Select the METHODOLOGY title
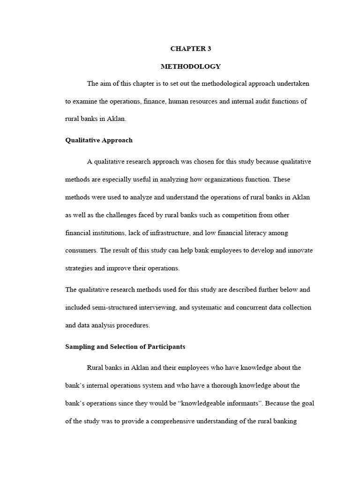pyautogui.click(x=190, y=66)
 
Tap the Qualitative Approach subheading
pyautogui.click(x=98, y=140)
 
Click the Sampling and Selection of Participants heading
pyautogui.click(x=125, y=347)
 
